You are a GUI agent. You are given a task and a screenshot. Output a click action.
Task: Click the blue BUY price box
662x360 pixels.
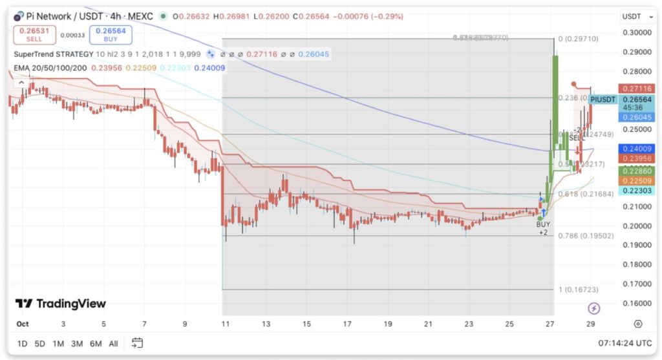(106, 33)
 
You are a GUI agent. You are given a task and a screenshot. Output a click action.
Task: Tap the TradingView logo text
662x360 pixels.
(60, 304)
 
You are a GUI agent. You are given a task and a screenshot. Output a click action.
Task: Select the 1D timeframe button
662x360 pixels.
(22, 343)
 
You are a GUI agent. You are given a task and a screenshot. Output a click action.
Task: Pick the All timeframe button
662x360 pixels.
(113, 343)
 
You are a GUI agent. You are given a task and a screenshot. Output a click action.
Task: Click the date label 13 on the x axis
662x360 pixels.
(266, 324)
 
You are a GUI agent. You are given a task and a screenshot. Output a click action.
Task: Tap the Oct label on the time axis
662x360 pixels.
(22, 324)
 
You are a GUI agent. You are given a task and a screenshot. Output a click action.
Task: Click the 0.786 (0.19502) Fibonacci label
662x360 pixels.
(586, 236)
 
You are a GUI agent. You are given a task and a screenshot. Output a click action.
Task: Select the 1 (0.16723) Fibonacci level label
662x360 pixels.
(579, 290)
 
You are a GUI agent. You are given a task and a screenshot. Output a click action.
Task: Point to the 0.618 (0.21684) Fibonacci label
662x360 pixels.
(586, 194)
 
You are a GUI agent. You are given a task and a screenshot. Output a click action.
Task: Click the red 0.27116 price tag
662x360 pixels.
(637, 89)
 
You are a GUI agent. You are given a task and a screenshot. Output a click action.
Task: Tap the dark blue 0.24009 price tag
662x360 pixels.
(637, 149)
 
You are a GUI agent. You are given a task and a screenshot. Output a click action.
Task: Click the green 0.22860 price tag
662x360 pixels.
(637, 171)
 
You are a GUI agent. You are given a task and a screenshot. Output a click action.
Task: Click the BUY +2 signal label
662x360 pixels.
(544, 227)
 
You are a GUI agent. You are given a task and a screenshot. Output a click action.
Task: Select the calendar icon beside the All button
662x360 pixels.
(137, 343)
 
